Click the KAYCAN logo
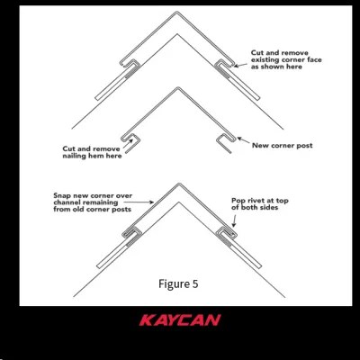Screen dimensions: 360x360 click(x=180, y=320)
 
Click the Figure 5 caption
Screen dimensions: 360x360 click(x=178, y=283)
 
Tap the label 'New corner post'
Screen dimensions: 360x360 click(x=283, y=146)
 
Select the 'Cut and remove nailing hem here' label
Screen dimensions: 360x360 click(x=92, y=152)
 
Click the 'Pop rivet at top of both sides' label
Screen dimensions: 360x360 click(x=260, y=204)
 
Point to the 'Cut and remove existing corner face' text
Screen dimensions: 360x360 click(x=286, y=59)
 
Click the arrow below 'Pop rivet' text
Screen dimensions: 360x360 click(x=234, y=220)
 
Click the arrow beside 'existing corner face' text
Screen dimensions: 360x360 click(x=240, y=65)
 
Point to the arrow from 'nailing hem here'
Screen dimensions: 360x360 click(x=128, y=144)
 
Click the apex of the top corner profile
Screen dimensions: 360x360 click(x=177, y=12)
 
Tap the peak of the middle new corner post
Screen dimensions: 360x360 click(x=178, y=87)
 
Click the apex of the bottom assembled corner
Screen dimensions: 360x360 click(x=179, y=184)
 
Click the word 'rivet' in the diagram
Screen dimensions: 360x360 click(x=254, y=201)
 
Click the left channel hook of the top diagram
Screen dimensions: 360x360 click(x=130, y=64)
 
